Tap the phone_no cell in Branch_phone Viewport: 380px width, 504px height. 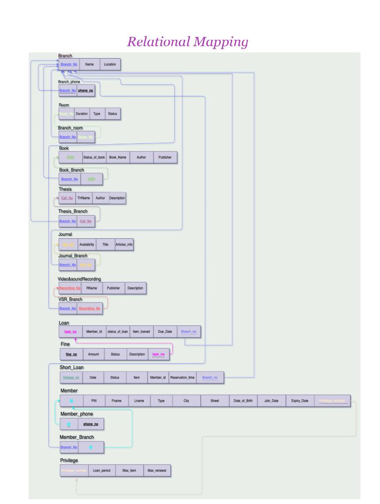click(x=86, y=91)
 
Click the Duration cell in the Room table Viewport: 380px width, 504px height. click(x=82, y=114)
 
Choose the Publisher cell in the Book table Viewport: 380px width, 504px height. click(x=165, y=157)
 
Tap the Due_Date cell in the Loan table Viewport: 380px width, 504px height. click(x=165, y=332)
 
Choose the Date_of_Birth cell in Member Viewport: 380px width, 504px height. click(x=243, y=401)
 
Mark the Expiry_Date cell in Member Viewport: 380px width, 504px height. click(x=299, y=401)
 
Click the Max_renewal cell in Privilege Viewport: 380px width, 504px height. click(x=157, y=471)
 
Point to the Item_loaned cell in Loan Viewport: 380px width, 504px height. click(x=140, y=332)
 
